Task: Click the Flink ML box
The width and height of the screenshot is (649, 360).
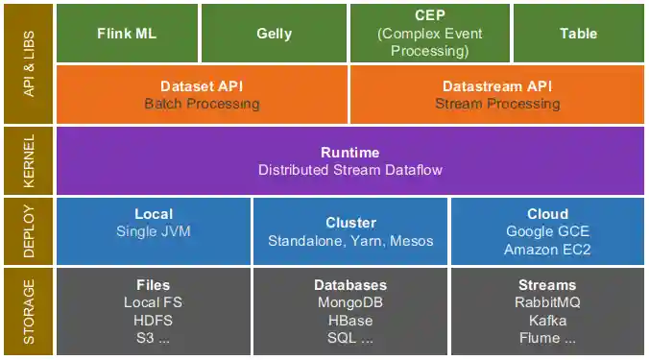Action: [x=127, y=34]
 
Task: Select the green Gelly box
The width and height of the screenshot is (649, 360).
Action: [x=274, y=34]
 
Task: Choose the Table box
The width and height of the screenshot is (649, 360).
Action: [x=578, y=34]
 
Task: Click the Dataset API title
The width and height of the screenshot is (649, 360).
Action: [x=202, y=85]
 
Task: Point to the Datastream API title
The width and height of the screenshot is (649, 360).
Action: [x=497, y=85]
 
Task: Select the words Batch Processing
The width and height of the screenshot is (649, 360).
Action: [x=202, y=104]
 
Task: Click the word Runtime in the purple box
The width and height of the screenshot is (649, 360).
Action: [x=349, y=153]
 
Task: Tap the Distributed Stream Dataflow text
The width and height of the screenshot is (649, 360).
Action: [x=349, y=170]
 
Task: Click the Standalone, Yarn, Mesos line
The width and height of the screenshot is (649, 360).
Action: [x=350, y=240]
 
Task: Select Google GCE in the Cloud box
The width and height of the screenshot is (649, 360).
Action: [x=547, y=231]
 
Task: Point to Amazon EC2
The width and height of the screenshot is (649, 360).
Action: [x=547, y=249]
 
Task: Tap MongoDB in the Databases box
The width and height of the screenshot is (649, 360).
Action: [x=350, y=302]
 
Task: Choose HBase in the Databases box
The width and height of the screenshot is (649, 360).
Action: [x=350, y=321]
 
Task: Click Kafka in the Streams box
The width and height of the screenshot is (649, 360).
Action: [x=547, y=321]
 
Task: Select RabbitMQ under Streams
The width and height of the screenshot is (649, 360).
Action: [x=547, y=302]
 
